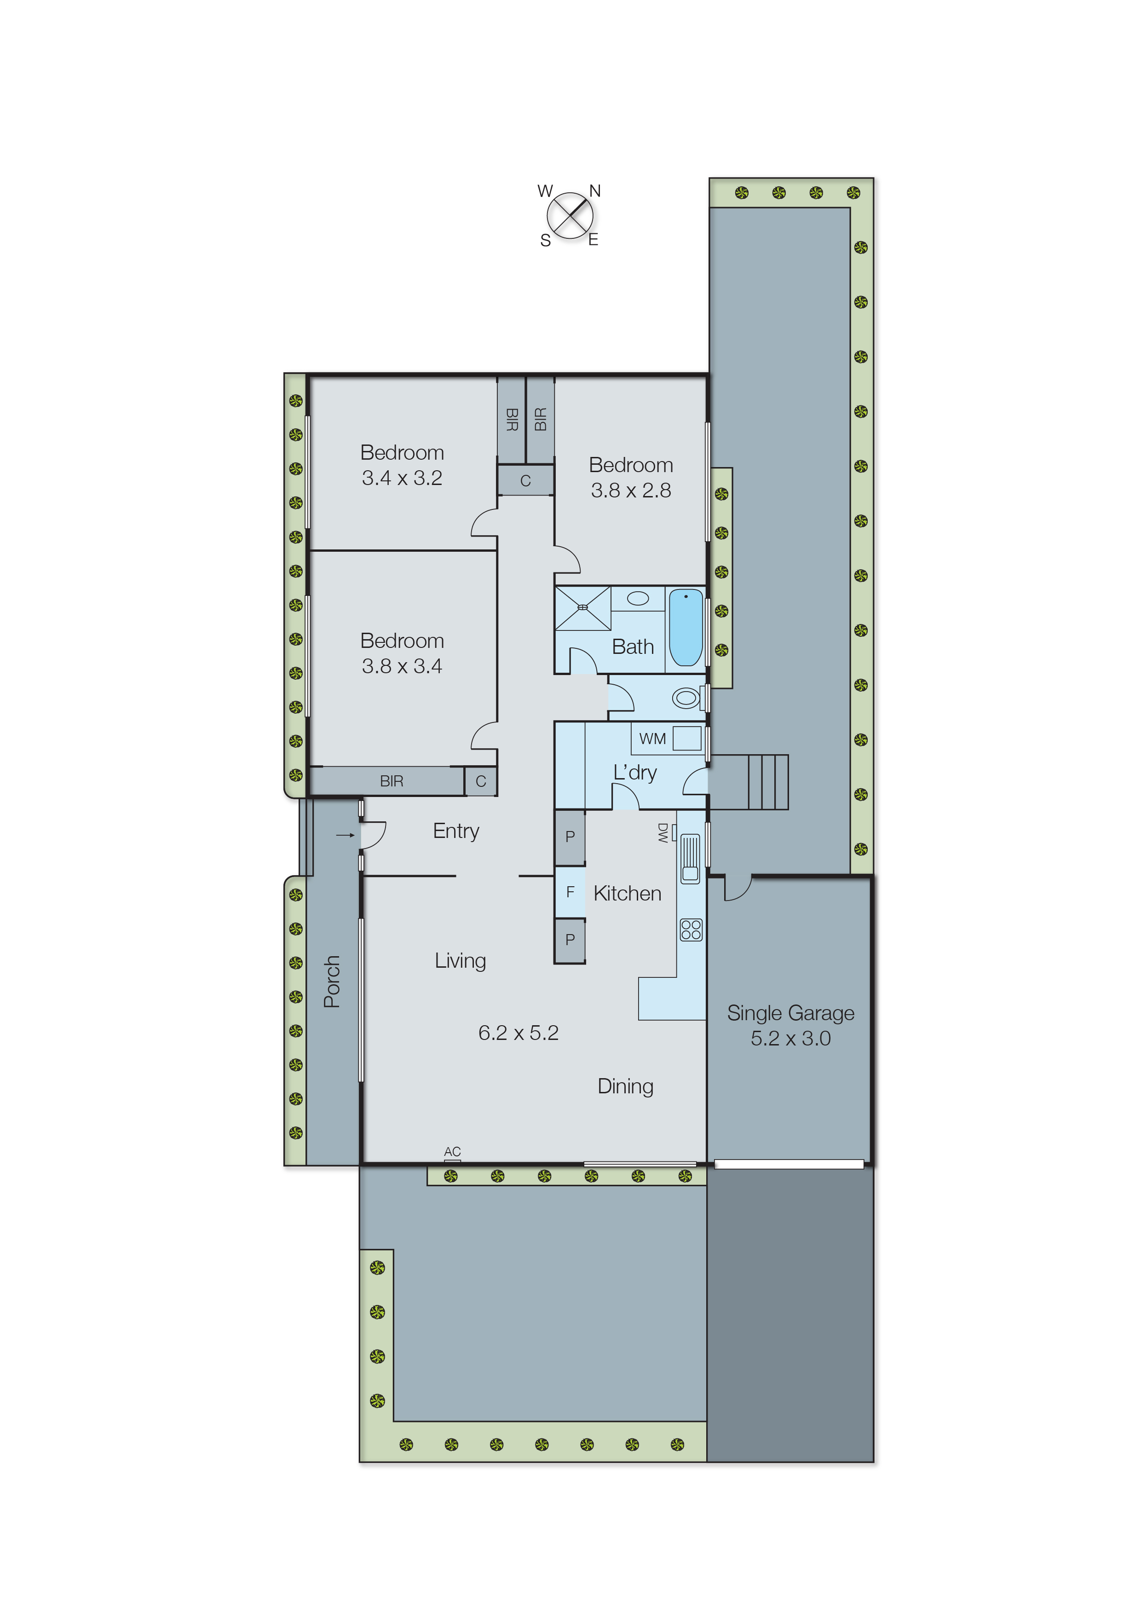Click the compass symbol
570,215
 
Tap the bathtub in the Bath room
685,627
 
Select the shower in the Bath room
582,608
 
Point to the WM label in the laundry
652,739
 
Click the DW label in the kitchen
663,832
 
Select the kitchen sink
690,857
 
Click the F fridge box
570,892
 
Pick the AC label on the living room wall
452,1151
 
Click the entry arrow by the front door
345,835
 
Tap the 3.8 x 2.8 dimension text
630,491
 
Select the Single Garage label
790,1013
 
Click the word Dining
625,1086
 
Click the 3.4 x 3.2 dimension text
402,478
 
